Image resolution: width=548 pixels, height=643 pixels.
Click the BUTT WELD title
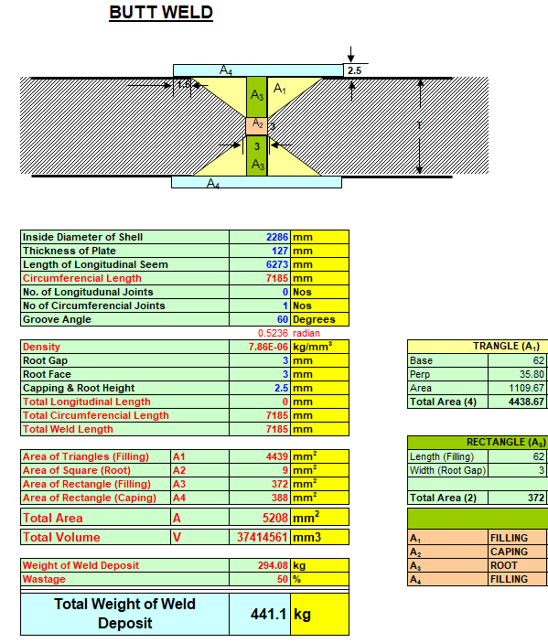[161, 12]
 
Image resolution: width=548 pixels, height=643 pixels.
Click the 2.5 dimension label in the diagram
[354, 70]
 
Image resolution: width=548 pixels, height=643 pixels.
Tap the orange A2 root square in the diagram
[257, 126]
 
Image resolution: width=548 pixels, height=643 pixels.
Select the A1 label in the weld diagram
[280, 88]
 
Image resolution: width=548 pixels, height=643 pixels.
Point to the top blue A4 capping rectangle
[258, 70]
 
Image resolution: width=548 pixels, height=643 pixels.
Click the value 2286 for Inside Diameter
[277, 237]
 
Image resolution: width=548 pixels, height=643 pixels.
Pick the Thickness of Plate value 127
[280, 251]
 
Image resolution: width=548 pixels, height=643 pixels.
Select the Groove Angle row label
[57, 319]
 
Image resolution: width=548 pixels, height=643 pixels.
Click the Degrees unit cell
[314, 319]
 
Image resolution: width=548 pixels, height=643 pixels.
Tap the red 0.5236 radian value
[273, 333]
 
